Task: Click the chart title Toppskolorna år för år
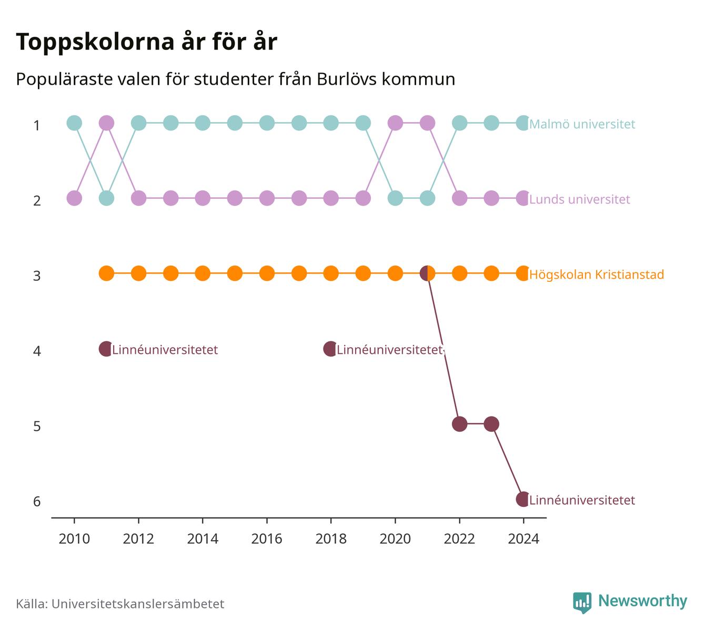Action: click(146, 42)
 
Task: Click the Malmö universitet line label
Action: click(582, 124)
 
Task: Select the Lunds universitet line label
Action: click(579, 199)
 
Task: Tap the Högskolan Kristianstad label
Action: click(597, 275)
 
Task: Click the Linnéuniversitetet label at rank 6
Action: click(582, 500)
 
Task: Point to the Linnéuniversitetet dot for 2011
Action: click(106, 349)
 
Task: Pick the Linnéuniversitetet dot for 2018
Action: click(330, 349)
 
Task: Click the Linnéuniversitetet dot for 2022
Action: click(459, 424)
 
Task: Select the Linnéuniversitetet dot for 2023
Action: click(491, 424)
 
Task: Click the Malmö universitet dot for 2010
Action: click(74, 123)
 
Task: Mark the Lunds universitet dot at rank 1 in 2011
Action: click(106, 123)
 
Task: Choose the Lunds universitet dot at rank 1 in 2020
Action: click(395, 123)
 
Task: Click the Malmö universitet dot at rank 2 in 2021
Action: click(427, 198)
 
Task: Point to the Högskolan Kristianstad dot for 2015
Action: click(235, 273)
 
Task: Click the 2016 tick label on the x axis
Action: click(267, 539)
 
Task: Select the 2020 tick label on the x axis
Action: click(395, 539)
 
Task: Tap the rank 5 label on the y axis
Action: click(37, 426)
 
